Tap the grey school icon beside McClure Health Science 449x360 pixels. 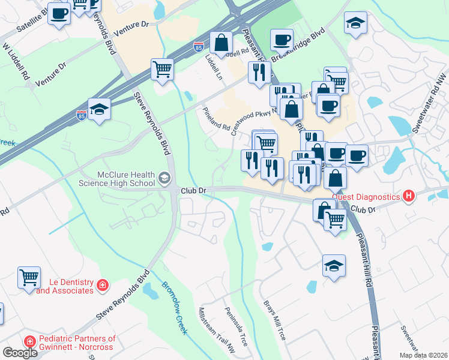point(164,178)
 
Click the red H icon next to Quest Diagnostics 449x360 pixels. point(409,196)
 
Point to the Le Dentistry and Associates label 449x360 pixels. point(65,286)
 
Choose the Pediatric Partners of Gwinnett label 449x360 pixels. point(77,343)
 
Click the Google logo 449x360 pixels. point(20,353)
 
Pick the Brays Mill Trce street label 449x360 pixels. point(274,318)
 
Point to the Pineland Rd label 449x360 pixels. point(216,119)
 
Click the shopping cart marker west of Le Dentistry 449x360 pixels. point(29,277)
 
